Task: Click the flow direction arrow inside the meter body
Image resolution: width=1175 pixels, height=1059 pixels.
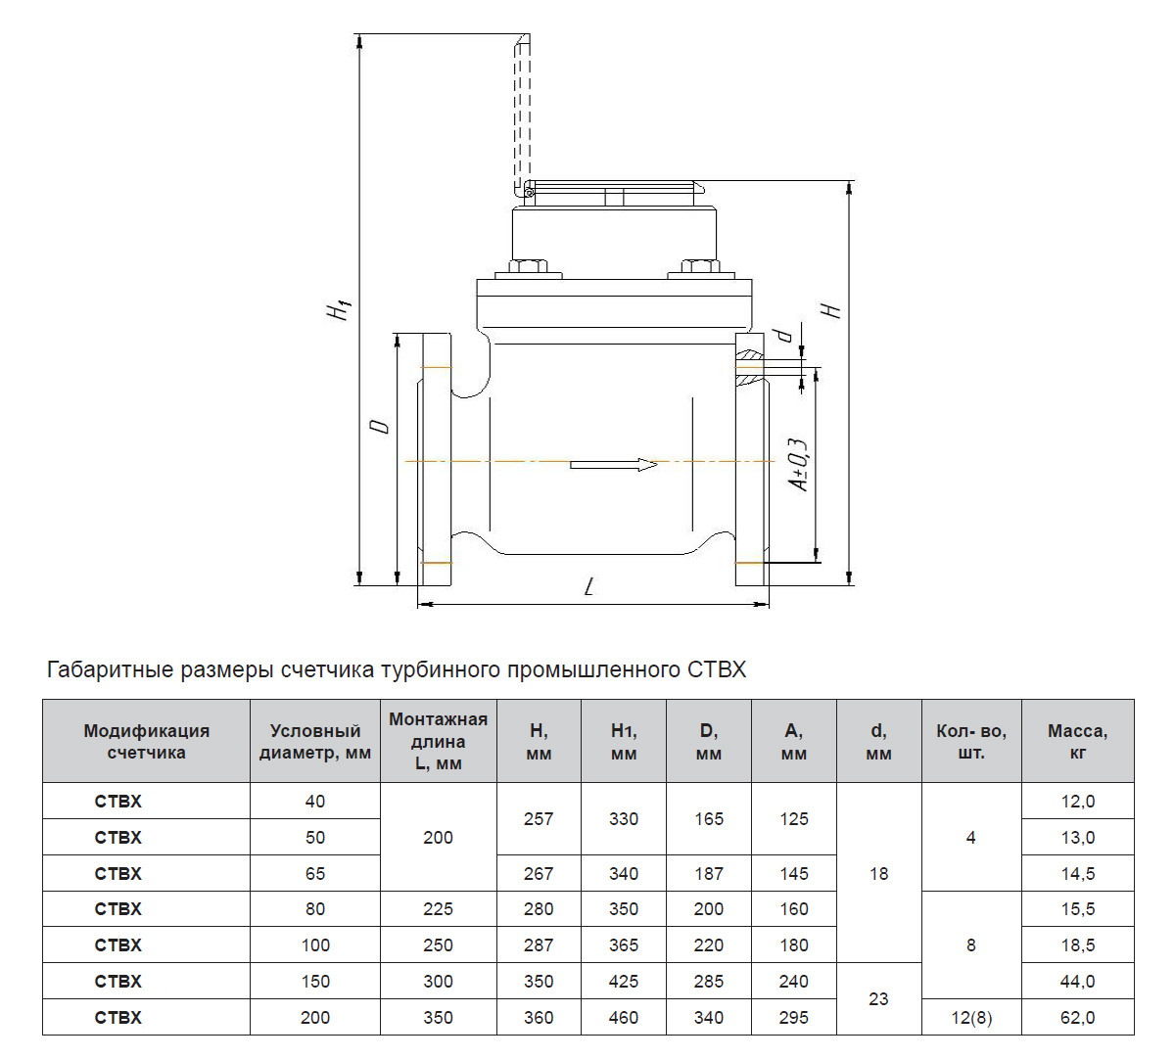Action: (x=613, y=465)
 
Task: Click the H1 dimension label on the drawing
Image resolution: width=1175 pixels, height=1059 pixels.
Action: (x=338, y=309)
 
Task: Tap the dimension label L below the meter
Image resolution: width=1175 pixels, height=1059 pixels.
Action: (x=589, y=586)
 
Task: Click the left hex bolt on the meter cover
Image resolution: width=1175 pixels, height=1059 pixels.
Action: (x=529, y=267)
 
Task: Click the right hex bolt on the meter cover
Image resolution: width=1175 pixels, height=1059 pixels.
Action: (x=700, y=267)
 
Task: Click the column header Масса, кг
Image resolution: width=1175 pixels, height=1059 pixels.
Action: (x=1077, y=741)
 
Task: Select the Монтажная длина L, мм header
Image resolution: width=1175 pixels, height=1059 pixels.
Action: (x=438, y=741)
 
